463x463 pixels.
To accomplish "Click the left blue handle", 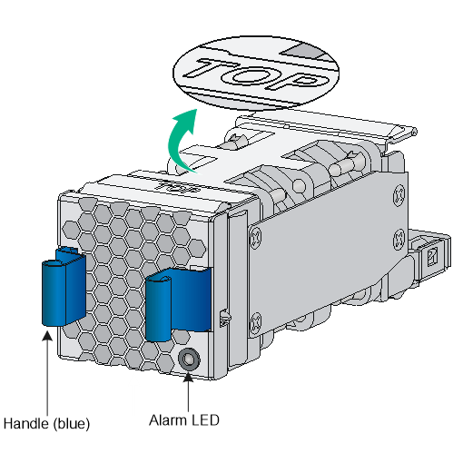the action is [63, 288].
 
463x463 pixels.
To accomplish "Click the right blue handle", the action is [177, 303].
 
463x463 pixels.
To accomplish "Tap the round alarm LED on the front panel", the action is [189, 360].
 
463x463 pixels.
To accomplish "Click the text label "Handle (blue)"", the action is [46, 423].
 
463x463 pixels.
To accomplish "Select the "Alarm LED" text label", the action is [184, 420].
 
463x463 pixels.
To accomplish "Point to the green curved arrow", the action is [181, 141].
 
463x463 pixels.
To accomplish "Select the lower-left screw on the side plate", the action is [256, 323].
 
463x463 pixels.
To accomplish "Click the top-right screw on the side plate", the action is [399, 195].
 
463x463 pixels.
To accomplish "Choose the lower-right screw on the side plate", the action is [399, 239].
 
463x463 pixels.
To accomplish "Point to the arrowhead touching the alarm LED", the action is [188, 377].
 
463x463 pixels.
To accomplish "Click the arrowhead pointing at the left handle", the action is [47, 336].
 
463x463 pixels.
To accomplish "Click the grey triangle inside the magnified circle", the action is [302, 52].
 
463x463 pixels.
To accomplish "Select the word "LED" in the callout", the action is [205, 420].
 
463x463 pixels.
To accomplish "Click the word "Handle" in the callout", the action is [26, 423].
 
